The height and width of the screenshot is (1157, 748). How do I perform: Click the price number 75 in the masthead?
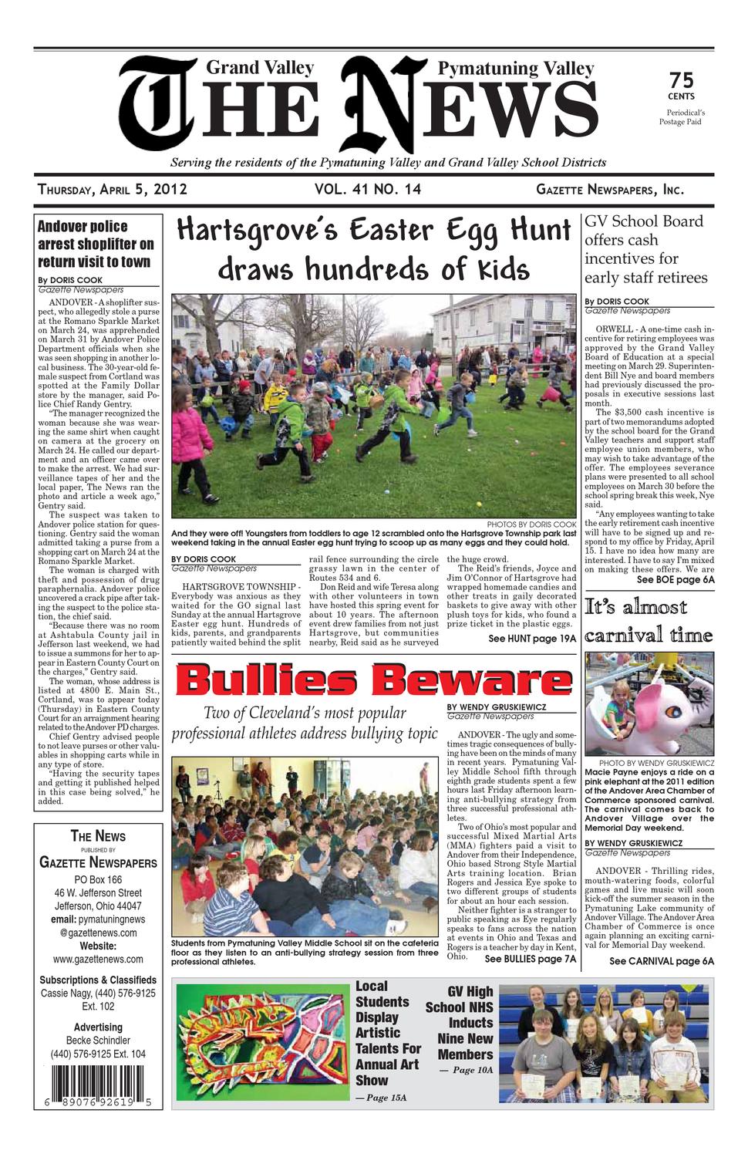pyautogui.click(x=681, y=79)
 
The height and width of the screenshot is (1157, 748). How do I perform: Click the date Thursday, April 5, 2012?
pyautogui.click(x=113, y=190)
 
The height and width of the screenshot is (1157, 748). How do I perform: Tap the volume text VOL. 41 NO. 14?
pyautogui.click(x=368, y=190)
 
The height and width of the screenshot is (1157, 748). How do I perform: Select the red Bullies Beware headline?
pyautogui.click(x=374, y=680)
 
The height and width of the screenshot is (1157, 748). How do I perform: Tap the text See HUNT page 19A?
pyautogui.click(x=531, y=639)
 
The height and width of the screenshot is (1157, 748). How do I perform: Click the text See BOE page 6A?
pyautogui.click(x=675, y=579)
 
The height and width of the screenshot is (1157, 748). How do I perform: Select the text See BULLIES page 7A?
pyautogui.click(x=530, y=959)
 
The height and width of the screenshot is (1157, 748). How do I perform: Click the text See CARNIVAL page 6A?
pyautogui.click(x=661, y=961)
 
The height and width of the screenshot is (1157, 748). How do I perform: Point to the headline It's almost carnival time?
pyautogui.click(x=648, y=621)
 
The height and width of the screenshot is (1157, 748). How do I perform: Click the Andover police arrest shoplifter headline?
pyautogui.click(x=96, y=244)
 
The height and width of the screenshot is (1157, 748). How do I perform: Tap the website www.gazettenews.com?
pyautogui.click(x=98, y=959)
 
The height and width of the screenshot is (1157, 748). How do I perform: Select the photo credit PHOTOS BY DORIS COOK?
pyautogui.click(x=531, y=525)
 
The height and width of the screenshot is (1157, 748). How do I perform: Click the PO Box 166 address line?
pyautogui.click(x=98, y=879)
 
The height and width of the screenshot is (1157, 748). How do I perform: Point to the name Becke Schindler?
pyautogui.click(x=98, y=1040)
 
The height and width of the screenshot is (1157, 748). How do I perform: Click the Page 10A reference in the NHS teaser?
pyautogui.click(x=468, y=1070)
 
